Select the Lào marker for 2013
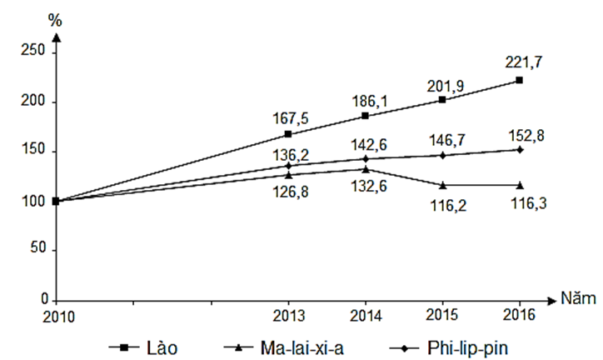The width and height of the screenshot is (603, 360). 288,134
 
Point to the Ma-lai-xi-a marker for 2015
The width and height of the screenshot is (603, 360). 442,184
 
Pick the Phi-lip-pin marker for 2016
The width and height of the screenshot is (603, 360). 520,149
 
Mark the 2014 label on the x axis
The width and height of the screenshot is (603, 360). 365,318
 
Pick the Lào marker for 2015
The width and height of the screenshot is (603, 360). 442,100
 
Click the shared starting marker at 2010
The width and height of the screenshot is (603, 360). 56,201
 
